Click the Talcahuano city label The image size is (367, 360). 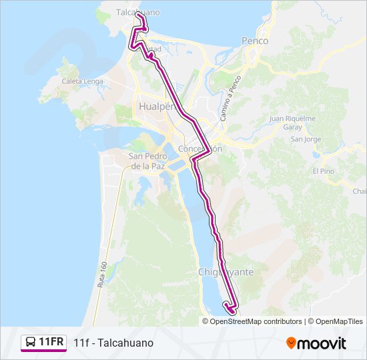(137, 12)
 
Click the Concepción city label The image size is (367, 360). (200, 149)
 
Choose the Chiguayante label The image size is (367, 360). (224, 272)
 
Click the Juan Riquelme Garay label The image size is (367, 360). (292, 123)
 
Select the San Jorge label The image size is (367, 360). (306, 139)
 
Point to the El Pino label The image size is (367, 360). (323, 171)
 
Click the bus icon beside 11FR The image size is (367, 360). (30, 343)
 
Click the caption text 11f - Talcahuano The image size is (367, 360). (113, 343)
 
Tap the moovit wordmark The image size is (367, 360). (322, 343)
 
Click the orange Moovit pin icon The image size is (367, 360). (291, 343)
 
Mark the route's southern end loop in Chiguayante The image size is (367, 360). (230, 308)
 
